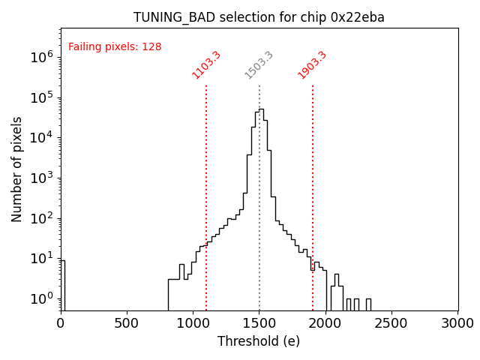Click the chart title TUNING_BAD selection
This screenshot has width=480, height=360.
(x=259, y=17)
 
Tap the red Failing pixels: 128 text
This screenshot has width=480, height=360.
(x=115, y=46)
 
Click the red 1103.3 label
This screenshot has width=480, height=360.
(x=206, y=64)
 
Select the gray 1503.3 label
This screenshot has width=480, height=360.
(x=259, y=64)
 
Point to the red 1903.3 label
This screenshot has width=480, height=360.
(x=312, y=64)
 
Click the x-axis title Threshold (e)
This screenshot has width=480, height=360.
(x=259, y=341)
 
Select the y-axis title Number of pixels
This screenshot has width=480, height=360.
(x=17, y=169)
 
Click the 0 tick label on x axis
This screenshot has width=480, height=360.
(x=61, y=323)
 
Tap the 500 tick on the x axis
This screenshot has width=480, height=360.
(x=127, y=323)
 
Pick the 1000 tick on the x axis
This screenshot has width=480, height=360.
(x=193, y=323)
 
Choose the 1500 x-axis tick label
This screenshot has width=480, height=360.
(x=259, y=323)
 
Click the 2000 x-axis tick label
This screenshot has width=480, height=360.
(x=325, y=323)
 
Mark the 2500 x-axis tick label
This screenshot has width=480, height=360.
(x=391, y=323)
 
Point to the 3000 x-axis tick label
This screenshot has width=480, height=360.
(x=457, y=323)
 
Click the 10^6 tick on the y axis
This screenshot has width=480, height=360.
(x=41, y=56)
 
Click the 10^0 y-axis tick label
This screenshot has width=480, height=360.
(x=41, y=298)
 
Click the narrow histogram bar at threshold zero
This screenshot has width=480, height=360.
(x=63, y=285)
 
